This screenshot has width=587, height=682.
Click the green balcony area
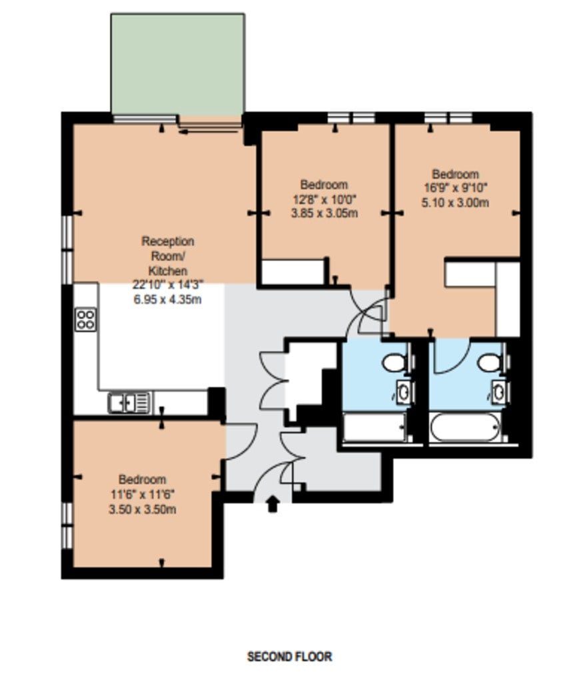pyautogui.click(x=177, y=65)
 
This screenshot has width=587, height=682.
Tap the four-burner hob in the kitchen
pyautogui.click(x=85, y=320)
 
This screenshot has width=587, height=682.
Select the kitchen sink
pyautogui.click(x=129, y=402)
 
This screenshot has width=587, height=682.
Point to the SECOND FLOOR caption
pyautogui.click(x=289, y=656)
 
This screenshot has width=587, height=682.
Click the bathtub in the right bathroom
pyautogui.click(x=465, y=427)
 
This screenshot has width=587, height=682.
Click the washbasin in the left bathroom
pyautogui.click(x=404, y=392)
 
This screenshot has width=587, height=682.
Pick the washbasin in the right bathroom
pyautogui.click(x=500, y=392)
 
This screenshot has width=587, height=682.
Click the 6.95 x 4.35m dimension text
pyautogui.click(x=167, y=300)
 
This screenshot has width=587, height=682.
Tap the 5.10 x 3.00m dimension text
pyautogui.click(x=455, y=202)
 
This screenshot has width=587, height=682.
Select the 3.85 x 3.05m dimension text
pyautogui.click(x=324, y=213)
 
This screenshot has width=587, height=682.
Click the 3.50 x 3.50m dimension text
pyautogui.click(x=143, y=509)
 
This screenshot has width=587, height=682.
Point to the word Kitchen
pyautogui.click(x=167, y=270)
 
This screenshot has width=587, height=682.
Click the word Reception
pyautogui.click(x=167, y=241)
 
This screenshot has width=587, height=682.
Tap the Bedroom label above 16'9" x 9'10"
pyautogui.click(x=455, y=174)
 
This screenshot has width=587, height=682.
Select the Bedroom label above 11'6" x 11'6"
pyautogui.click(x=143, y=480)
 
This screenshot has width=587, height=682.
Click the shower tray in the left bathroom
pyautogui.click(x=374, y=427)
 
